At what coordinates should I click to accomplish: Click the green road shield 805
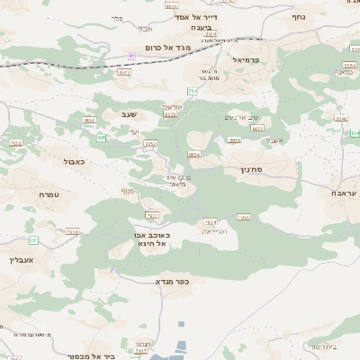click(x=101, y=137)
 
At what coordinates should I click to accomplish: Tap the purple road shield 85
click(x=132, y=57)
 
